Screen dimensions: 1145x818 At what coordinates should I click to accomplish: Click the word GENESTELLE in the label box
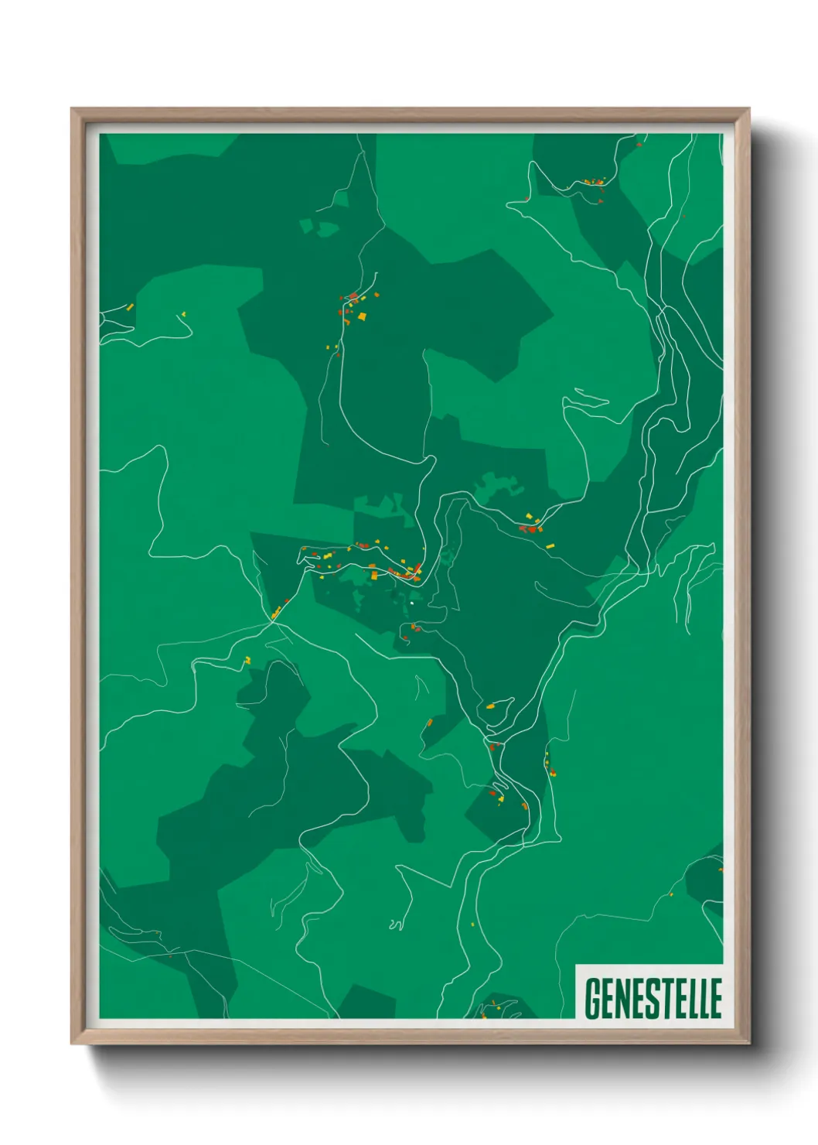coord(653,998)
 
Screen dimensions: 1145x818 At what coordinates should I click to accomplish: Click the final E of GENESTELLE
coord(715,998)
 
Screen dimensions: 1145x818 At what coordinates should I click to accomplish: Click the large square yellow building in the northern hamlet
coord(361,316)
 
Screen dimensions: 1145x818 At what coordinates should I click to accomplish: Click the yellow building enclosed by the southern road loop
coord(490,706)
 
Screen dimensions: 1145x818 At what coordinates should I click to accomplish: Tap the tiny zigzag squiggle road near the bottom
coord(397,923)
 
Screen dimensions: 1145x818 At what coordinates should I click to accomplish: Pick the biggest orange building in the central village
coord(373,576)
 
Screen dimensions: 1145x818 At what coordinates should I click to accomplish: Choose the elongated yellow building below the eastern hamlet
coord(550,546)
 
